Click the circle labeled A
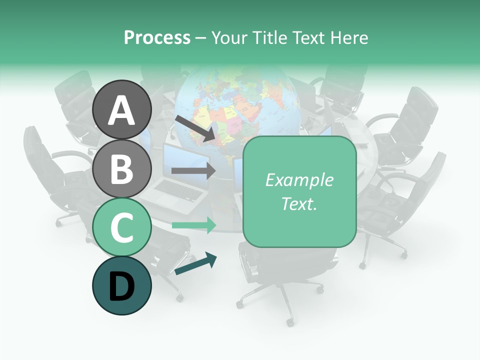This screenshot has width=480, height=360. click(x=122, y=109)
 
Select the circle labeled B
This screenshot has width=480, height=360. click(x=122, y=168)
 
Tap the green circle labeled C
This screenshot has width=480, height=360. click(x=122, y=227)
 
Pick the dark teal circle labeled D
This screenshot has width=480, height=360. click(x=122, y=285)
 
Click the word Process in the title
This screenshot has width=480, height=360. click(x=157, y=37)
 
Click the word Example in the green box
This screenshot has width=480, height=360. click(x=299, y=180)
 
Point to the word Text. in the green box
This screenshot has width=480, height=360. click(x=299, y=204)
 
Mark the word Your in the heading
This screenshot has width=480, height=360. click(x=228, y=37)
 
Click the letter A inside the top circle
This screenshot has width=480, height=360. click(x=122, y=110)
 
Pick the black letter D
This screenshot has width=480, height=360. click(x=122, y=286)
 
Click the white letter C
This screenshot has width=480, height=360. click(x=122, y=227)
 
